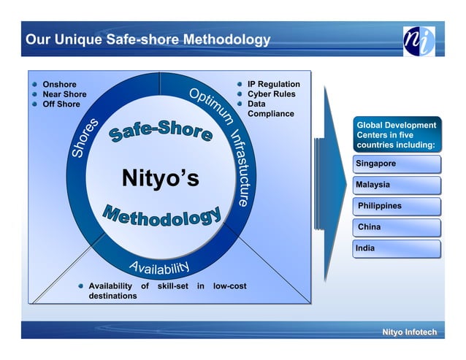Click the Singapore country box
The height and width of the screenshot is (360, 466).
pos(397,164)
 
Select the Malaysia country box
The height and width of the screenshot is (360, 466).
pos(397,185)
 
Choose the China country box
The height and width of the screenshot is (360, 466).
pos(397,227)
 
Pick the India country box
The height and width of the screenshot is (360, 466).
pos(397,248)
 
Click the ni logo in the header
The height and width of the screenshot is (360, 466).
pos(419,41)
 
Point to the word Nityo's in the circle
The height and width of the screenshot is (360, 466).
pos(160,178)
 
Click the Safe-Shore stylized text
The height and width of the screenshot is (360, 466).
pos(161,132)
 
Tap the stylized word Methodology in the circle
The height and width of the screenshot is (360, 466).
pos(161,216)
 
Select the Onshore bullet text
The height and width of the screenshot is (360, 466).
pos(59,85)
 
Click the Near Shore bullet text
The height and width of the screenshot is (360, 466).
pos(64,94)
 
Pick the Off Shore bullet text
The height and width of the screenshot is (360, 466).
pos(61,104)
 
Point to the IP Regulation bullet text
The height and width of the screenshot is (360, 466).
pos(273,85)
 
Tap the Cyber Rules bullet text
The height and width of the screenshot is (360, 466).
pos(271,94)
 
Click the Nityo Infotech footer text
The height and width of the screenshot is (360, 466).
pos(409,333)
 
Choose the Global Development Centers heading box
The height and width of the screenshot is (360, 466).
pos(397,135)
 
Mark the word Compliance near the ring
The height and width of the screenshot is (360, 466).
pos(270,114)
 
